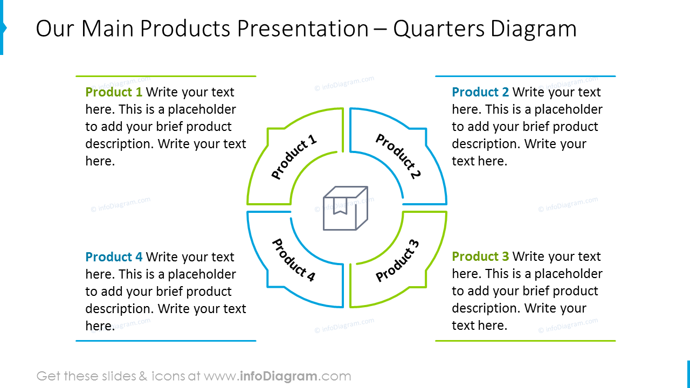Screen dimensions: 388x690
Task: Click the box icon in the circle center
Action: (x=346, y=209)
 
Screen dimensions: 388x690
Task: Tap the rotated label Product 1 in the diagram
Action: (x=294, y=158)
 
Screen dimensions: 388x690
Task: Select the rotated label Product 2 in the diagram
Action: (x=398, y=156)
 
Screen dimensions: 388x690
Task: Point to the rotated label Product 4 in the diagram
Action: (x=293, y=260)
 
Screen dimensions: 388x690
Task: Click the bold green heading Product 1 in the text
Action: (x=114, y=92)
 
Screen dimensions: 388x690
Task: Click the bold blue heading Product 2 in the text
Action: (x=480, y=92)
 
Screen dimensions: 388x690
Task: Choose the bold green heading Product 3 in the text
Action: (x=480, y=257)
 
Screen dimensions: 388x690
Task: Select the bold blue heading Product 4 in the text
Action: (x=114, y=257)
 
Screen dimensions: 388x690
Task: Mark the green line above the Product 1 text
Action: (x=165, y=76)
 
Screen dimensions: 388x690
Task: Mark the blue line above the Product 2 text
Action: (x=525, y=76)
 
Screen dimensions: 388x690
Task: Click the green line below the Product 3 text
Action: (x=525, y=341)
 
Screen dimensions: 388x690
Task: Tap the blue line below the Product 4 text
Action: (x=165, y=341)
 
